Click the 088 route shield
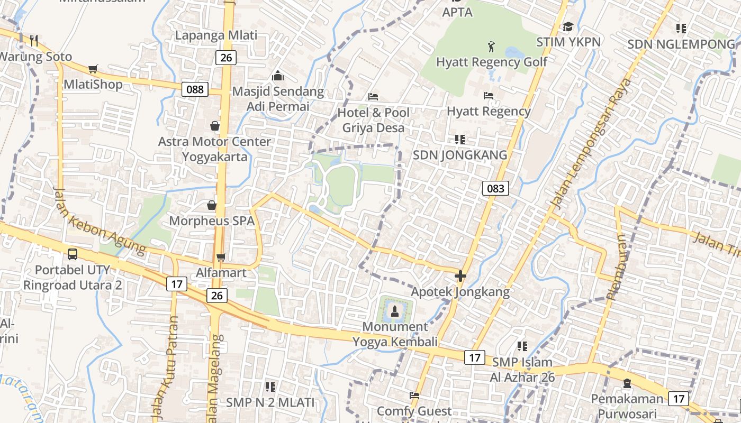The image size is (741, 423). coord(195,89)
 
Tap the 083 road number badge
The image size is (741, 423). coord(495,188)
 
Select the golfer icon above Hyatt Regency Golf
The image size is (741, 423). coord(492,46)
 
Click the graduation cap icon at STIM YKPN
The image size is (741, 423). coord(568,26)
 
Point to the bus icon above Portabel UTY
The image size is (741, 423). coord(73,254)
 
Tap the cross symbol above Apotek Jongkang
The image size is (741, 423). coord(460,276)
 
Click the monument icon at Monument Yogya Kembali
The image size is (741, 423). coord(394,311)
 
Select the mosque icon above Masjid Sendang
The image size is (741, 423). coord(278,76)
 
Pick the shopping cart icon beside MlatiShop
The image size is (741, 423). coord(93,69)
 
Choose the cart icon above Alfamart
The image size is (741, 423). coord(221,258)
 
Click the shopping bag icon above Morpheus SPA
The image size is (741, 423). coord(212,205)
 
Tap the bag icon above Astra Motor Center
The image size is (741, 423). coord(215,126)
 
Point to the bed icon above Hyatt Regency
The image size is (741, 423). coord(489,96)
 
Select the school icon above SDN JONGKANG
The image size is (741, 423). coord(460,140)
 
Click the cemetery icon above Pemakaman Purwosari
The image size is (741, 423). coord(627,383)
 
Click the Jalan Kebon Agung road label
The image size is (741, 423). coord(99,221)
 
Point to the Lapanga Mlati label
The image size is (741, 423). coord(216,35)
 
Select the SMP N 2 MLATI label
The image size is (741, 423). coord(270,402)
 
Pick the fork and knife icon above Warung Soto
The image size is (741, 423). coord(34,40)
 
